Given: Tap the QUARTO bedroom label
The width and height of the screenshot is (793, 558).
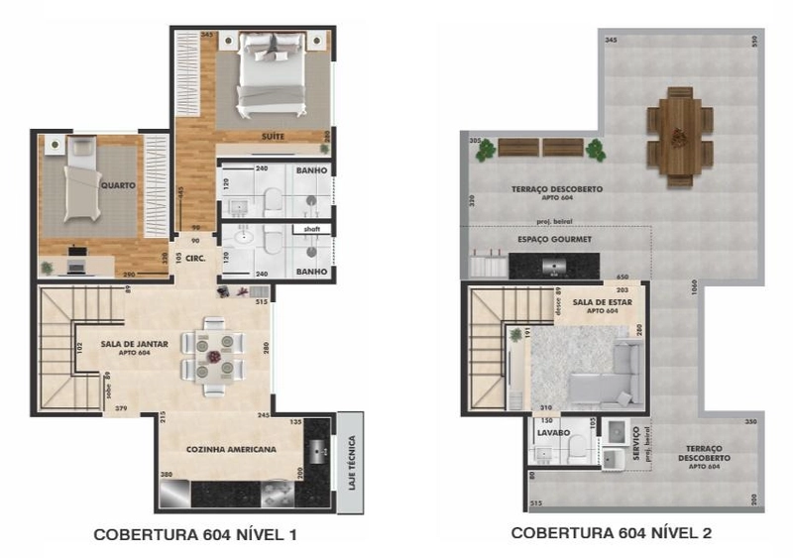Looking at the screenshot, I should click(117, 184).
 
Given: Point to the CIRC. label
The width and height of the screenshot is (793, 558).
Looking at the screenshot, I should click(194, 259).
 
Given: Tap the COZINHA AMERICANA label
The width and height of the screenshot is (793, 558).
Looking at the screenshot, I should click(231, 449).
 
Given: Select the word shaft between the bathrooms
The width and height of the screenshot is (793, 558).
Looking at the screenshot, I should click(311, 228).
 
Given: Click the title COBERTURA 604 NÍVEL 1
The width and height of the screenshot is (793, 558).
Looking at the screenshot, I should click(195, 534).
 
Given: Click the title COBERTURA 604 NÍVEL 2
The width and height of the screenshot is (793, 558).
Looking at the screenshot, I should click(611, 533).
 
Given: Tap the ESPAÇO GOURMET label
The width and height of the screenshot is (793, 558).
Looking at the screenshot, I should click(554, 240).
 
